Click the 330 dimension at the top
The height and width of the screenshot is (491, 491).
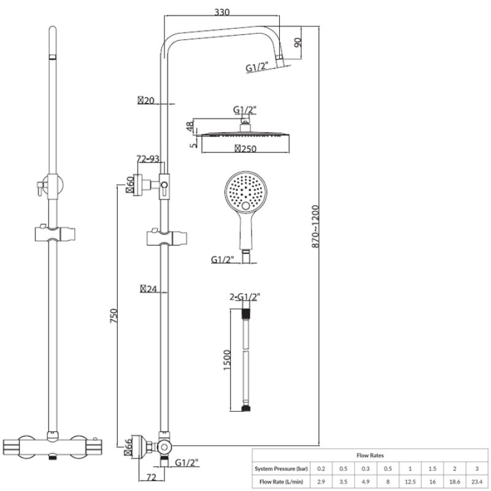click(223, 11)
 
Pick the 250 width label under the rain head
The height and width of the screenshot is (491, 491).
click(245, 148)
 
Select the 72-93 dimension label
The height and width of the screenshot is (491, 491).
click(148, 159)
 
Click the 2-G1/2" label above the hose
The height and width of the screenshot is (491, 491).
click(245, 297)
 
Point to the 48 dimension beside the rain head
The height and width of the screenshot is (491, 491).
click(189, 127)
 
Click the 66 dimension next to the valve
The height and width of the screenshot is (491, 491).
click(129, 445)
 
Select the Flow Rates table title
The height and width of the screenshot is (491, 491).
click(370, 455)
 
